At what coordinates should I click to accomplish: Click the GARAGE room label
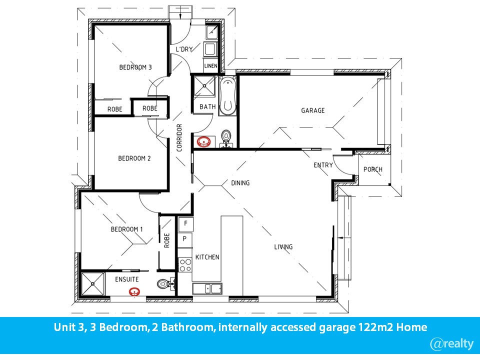coord(312,110)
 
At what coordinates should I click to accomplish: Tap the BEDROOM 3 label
coord(135,67)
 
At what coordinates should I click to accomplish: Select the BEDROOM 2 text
coord(134,158)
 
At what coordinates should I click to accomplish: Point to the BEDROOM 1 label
coord(126,229)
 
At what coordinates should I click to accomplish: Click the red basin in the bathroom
coord(203,141)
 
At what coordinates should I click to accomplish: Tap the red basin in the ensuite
coord(134,292)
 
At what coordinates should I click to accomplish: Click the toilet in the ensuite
coord(165,284)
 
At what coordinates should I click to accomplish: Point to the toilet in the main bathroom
coord(226,138)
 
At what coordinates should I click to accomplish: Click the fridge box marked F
coord(185,224)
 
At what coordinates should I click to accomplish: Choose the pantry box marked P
coord(185,239)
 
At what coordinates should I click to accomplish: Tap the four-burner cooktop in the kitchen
coord(185,265)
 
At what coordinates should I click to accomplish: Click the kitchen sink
coord(207,288)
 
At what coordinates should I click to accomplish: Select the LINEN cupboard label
coord(210,66)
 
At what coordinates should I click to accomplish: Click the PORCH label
coord(373,169)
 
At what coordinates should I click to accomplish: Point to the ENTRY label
coord(323,165)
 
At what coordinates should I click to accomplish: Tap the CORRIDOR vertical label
coord(179,137)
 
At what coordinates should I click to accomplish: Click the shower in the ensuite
coord(93,283)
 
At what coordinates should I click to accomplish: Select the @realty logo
coord(452,344)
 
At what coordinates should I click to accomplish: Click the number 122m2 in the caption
coord(375,327)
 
